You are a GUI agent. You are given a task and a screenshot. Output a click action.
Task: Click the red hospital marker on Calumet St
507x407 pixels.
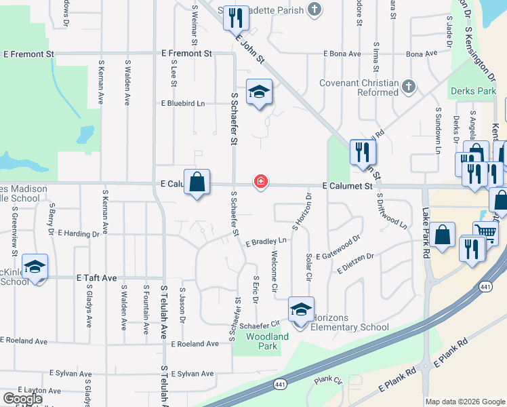tap(260, 182)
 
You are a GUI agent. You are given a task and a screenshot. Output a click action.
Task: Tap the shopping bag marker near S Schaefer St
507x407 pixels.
tap(197, 182)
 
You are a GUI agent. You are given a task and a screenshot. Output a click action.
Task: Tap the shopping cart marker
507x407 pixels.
tap(485, 233)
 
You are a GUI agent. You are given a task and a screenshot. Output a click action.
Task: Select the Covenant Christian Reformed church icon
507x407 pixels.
tap(407, 87)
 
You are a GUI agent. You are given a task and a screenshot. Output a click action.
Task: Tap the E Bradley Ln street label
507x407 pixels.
tap(266, 241)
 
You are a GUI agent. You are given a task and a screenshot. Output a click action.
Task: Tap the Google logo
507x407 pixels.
tap(22, 399)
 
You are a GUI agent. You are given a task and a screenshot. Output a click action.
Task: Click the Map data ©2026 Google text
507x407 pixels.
tap(464, 402)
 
